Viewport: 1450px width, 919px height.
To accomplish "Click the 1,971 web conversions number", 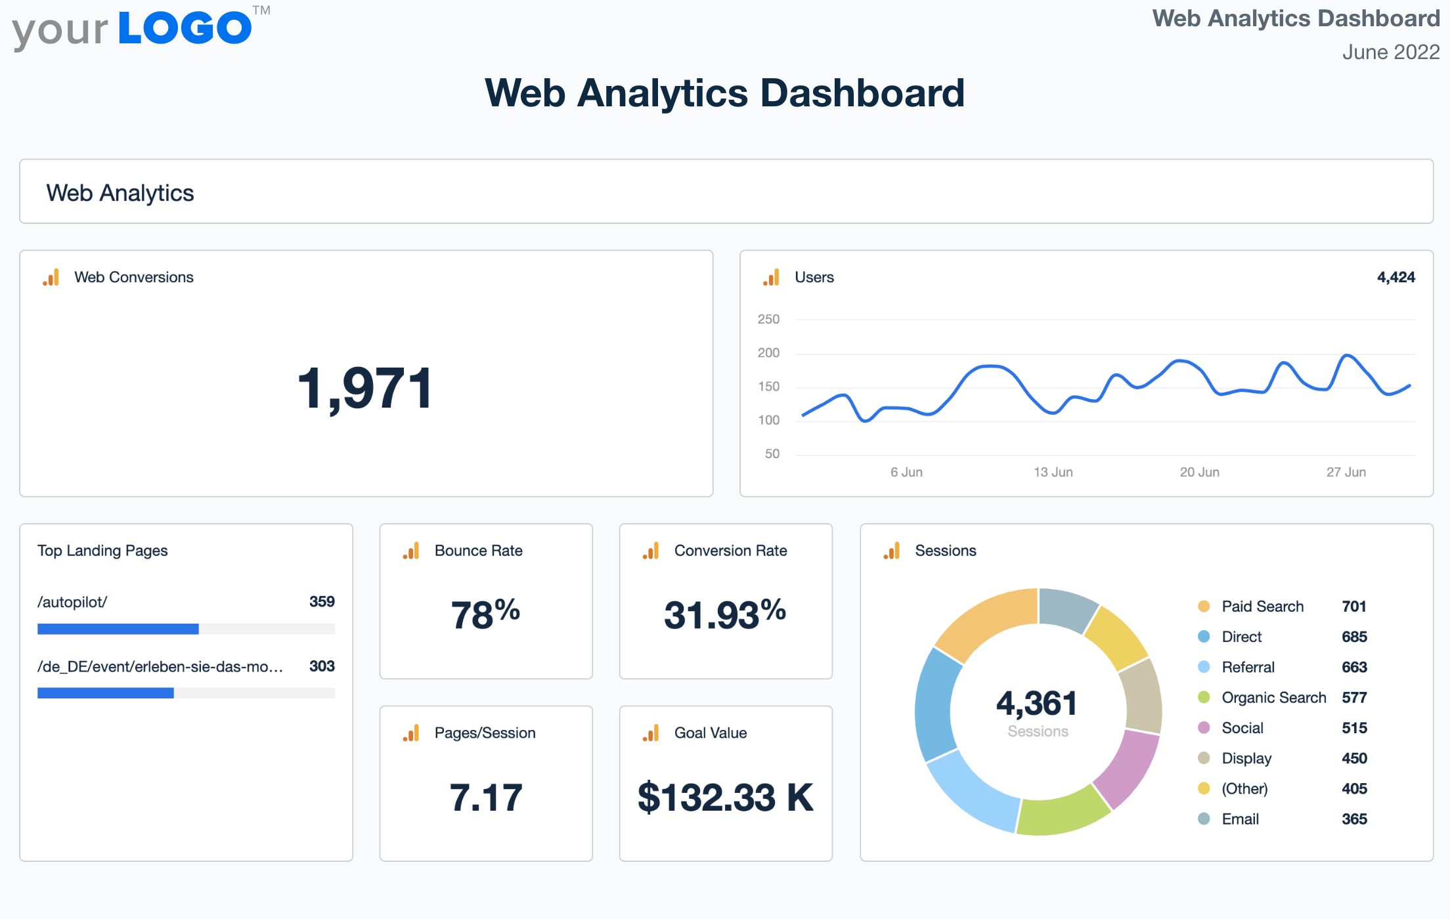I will click(365, 389).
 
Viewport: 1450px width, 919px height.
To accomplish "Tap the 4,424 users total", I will click(1395, 277).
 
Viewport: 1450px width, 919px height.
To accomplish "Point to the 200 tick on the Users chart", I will click(768, 353).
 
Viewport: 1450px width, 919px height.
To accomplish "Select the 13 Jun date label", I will click(1053, 472).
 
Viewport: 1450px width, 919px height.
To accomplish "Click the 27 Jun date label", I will click(1346, 472).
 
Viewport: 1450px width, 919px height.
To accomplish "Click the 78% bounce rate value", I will click(485, 614).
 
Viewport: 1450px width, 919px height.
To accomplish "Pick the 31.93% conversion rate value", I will click(725, 614).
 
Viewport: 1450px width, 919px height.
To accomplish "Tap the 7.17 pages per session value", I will click(485, 798).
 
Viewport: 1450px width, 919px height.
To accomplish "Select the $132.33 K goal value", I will click(725, 798).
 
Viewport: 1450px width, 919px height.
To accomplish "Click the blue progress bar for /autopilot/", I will click(118, 629).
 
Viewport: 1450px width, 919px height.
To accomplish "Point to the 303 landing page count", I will click(322, 666).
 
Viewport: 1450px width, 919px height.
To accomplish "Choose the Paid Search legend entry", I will click(1262, 607).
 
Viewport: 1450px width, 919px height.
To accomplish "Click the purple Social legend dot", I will click(1204, 727).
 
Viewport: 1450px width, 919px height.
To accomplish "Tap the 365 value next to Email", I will click(1354, 819).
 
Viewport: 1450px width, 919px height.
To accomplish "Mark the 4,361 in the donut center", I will click(1037, 704).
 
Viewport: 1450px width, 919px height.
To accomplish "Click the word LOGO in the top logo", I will click(185, 28).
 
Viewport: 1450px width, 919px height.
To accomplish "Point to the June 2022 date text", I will click(1390, 52).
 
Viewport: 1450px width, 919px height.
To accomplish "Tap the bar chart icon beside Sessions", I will click(892, 551).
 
